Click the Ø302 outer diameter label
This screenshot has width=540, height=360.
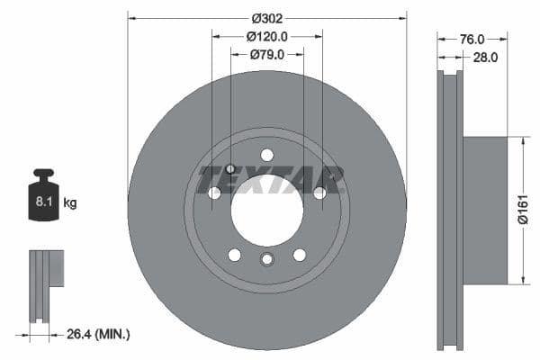point(267,17)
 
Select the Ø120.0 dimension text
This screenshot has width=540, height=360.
point(267,37)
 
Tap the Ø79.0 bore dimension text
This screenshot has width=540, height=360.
point(267,55)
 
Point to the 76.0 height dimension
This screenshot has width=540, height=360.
point(473,39)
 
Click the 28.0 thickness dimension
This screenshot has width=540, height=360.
point(486,57)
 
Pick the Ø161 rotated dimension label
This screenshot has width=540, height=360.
point(522,210)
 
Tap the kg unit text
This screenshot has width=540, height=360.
point(70,203)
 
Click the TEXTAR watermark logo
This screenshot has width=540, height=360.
point(271,179)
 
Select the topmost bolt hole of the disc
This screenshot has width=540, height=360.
point(266,155)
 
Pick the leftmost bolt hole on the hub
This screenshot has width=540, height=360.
point(214,193)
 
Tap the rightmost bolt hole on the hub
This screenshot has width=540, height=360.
point(319,192)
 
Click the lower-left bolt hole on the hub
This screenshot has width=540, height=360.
point(234,255)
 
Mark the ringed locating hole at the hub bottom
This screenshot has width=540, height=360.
point(266,260)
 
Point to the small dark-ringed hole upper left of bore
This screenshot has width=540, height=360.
point(230,168)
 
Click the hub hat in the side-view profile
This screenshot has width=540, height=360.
point(486,210)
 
